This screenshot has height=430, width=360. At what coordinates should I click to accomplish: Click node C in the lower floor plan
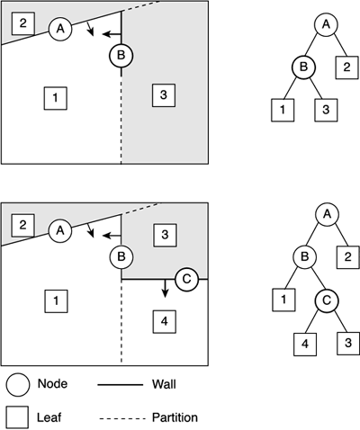[x=186, y=280]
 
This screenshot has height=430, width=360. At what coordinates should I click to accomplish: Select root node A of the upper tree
[x=326, y=24]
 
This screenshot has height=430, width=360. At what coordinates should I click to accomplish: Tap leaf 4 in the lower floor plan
[x=164, y=322]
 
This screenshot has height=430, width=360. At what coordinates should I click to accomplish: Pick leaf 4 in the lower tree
[x=305, y=345]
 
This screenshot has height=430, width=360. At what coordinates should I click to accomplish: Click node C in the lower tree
[x=327, y=300]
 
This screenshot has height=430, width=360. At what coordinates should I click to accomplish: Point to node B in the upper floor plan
[x=121, y=56]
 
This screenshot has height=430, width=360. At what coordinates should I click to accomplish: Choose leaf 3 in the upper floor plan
[x=164, y=95]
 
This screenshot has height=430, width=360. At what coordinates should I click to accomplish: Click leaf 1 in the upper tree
[x=283, y=110]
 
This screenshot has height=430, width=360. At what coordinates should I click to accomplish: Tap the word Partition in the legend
[x=175, y=417]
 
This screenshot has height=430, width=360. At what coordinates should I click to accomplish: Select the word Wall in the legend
[x=164, y=384]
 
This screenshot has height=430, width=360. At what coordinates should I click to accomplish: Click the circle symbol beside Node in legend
[x=18, y=385]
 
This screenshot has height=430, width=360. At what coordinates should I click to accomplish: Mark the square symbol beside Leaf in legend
[x=18, y=417]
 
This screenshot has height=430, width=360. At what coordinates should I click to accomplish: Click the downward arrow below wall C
[x=165, y=289]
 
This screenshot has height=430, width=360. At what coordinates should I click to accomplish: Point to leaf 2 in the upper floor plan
[x=23, y=23]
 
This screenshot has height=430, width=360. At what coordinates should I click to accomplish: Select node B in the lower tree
[x=304, y=257]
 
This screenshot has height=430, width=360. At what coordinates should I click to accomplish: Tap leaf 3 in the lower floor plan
[x=165, y=235]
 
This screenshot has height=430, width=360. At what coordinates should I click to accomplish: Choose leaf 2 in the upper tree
[x=346, y=67]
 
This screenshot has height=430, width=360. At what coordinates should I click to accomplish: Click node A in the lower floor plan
[x=60, y=230]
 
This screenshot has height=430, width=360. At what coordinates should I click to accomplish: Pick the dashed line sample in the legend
[x=121, y=418]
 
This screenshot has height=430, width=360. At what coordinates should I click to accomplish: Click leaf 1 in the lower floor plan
[x=56, y=301]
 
